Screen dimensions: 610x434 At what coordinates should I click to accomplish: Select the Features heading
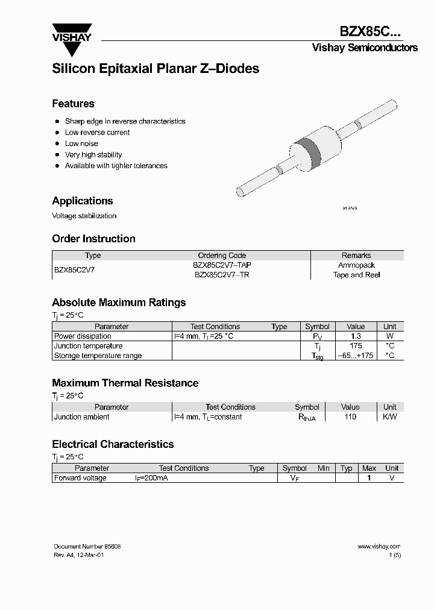pyautogui.click(x=73, y=104)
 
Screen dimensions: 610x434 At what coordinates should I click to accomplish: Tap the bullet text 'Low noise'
pyautogui.click(x=81, y=143)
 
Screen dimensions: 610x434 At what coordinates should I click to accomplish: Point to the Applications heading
pyautogui.click(x=83, y=201)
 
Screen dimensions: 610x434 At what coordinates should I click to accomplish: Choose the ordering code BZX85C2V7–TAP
pyautogui.click(x=222, y=265)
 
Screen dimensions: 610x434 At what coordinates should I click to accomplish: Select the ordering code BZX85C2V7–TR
pyautogui.click(x=222, y=275)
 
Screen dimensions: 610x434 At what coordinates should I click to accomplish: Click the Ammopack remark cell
pyautogui.click(x=356, y=265)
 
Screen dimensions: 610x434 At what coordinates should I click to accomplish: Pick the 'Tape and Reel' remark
pyautogui.click(x=356, y=275)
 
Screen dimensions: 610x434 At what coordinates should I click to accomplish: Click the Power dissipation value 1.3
pyautogui.click(x=356, y=336)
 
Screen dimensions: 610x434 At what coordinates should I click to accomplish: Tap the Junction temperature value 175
pyautogui.click(x=356, y=346)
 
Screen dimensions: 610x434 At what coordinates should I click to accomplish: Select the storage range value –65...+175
pyautogui.click(x=356, y=356)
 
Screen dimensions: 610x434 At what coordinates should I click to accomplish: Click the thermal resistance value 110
pyautogui.click(x=350, y=417)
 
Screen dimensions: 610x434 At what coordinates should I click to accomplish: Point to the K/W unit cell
pyautogui.click(x=390, y=417)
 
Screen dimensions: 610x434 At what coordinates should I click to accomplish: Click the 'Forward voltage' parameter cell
pyautogui.click(x=80, y=478)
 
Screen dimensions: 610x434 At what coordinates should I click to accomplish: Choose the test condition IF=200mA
pyautogui.click(x=151, y=478)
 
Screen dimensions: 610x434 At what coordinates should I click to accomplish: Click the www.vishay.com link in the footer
pyautogui.click(x=379, y=546)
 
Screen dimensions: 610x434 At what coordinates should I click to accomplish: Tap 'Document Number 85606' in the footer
pyautogui.click(x=87, y=546)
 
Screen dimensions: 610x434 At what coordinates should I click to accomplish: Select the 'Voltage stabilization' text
pyautogui.click(x=84, y=216)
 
